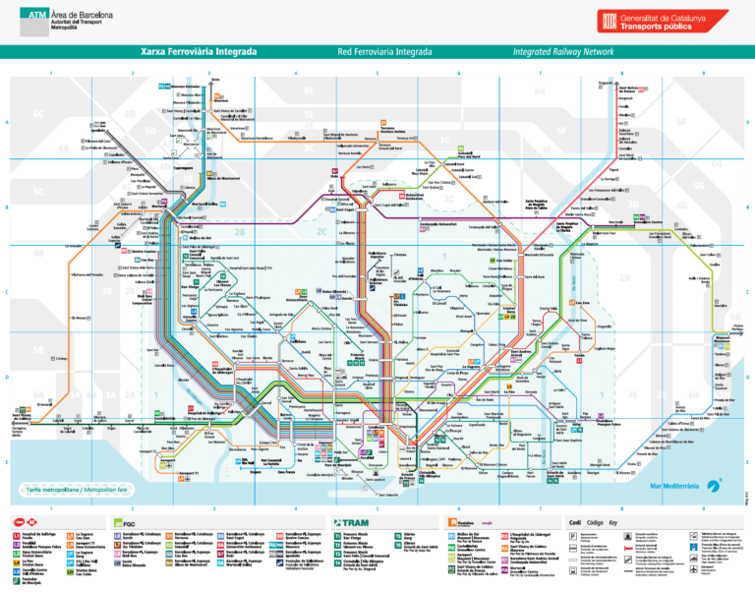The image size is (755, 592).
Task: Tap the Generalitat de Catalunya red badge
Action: pyautogui.click(x=665, y=22)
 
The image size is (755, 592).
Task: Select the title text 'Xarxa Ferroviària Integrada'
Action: pyautogui.click(x=199, y=51)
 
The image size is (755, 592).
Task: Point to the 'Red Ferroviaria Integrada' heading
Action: pyautogui.click(x=378, y=51)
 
